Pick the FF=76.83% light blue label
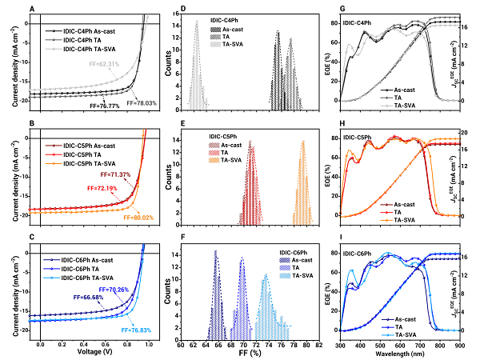coord(137,330)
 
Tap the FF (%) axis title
coord(250,352)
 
